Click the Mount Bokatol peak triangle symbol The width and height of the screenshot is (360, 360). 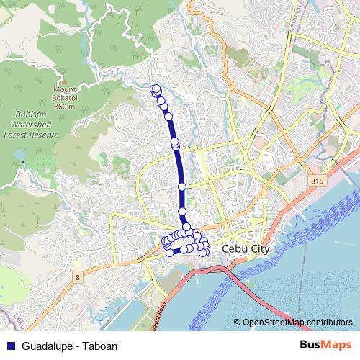(63, 81)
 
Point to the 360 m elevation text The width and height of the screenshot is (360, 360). (64, 106)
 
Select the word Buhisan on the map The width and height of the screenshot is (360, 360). (31, 114)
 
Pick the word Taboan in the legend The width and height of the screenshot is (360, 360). (101, 345)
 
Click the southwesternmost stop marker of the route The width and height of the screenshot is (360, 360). (170, 251)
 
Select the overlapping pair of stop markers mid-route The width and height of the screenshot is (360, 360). (175, 144)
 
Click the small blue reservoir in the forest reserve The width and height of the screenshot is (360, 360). (24, 161)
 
